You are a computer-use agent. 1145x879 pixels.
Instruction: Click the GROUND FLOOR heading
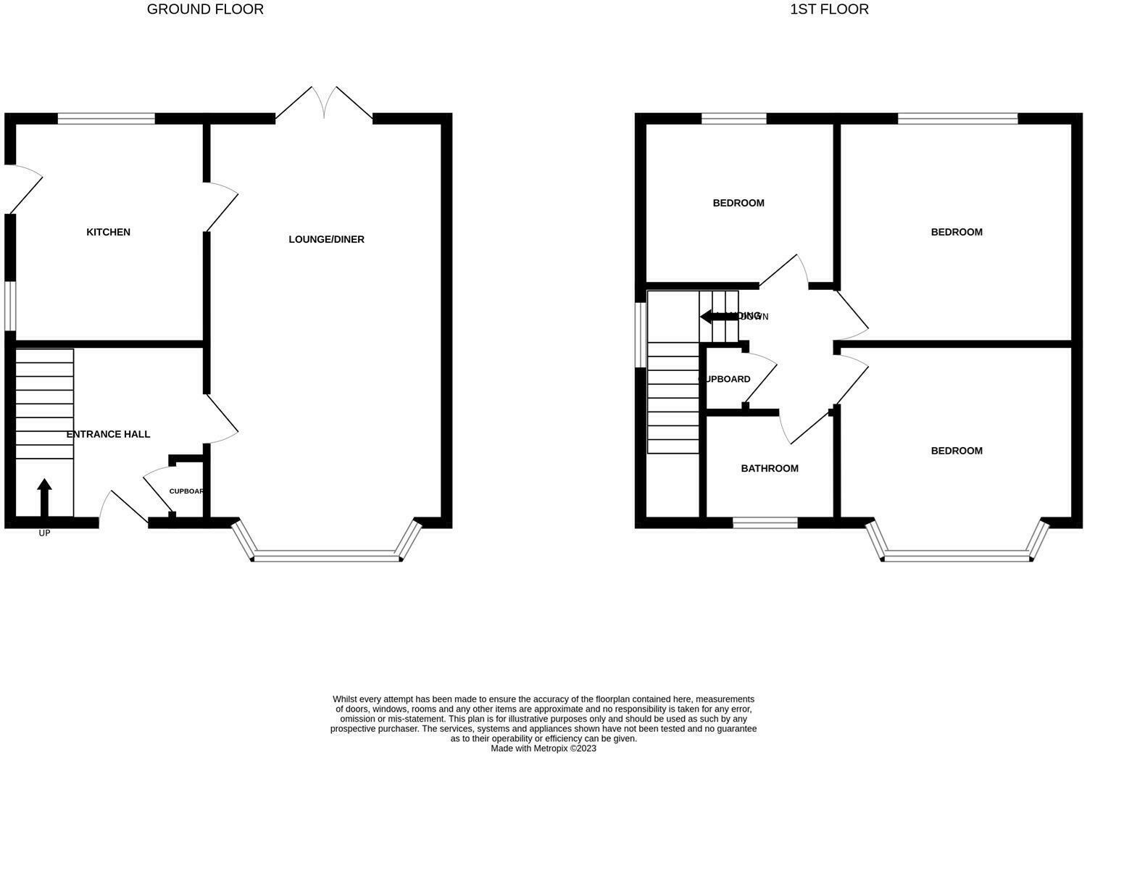pos(205,9)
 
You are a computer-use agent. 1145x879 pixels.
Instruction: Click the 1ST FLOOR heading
pos(829,9)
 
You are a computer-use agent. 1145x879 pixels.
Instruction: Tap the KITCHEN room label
pos(108,232)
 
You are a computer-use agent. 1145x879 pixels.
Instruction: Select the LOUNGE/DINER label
pos(326,239)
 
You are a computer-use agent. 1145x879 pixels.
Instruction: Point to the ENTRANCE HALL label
pos(108,434)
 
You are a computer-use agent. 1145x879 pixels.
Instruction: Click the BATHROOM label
pos(770,468)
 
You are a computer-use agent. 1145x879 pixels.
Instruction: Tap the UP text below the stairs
pos(44,533)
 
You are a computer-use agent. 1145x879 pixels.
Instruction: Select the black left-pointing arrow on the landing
pos(717,317)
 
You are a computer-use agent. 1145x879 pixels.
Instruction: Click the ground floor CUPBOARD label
pos(186,491)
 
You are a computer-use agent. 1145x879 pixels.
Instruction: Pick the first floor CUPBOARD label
pos(725,379)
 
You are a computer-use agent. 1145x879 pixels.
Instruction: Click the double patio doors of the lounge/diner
pos(324,104)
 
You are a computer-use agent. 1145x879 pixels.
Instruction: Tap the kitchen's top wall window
pos(107,119)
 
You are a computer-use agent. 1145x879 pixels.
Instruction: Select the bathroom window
pos(765,522)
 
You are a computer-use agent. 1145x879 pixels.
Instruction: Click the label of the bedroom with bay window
pos(957,451)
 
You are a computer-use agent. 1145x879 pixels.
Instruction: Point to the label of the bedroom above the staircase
pos(738,203)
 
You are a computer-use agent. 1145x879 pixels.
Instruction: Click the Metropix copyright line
pos(544,749)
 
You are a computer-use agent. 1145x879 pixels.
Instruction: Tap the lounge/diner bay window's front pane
pos(327,558)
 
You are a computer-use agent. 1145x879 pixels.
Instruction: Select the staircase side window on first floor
pos(640,335)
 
